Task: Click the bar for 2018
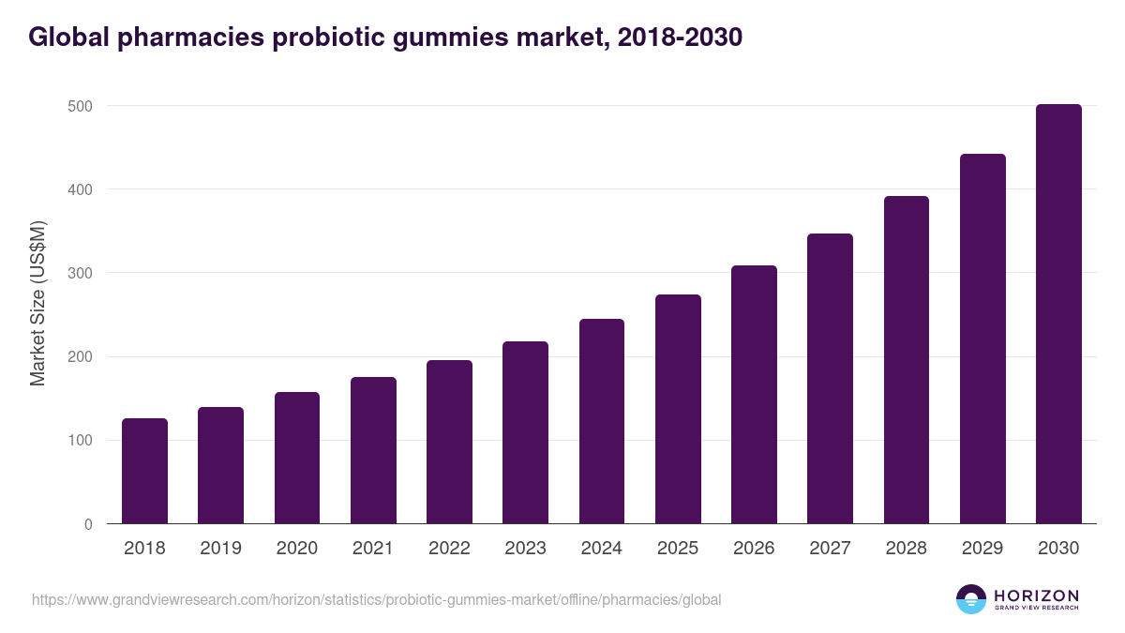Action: point(144,471)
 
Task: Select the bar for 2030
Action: point(1058,314)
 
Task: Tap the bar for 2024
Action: point(601,421)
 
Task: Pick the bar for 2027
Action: point(830,379)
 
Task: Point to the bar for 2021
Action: point(373,450)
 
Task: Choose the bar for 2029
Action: point(982,339)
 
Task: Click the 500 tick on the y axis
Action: point(82,106)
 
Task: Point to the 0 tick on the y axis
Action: point(88,524)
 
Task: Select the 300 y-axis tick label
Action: point(82,273)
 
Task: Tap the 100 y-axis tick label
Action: point(82,441)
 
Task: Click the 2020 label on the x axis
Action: point(296,549)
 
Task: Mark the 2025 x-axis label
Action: point(678,549)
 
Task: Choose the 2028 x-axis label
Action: point(907,549)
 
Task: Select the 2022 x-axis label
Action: point(449,549)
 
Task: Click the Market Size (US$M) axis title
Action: point(37,302)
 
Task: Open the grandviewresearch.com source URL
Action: point(376,599)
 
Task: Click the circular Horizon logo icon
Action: point(971,599)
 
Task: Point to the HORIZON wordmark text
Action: point(1036,595)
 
